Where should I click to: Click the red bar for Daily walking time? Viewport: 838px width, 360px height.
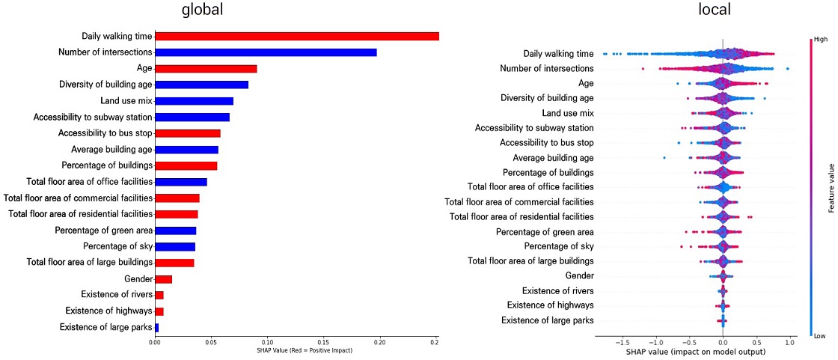click(296, 36)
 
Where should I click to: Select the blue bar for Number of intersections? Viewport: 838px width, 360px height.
click(266, 52)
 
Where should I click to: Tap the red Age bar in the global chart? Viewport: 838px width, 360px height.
click(206, 69)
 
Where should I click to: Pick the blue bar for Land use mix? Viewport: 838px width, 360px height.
click(194, 101)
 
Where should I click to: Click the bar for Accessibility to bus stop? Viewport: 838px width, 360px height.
click(187, 133)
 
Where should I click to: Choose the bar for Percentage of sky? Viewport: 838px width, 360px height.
click(174, 246)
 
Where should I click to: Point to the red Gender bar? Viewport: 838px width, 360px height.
click(163, 279)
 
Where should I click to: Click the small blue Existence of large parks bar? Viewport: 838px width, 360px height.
click(156, 327)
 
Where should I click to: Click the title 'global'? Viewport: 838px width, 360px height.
click(203, 10)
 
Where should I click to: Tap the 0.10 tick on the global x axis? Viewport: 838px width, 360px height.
click(267, 343)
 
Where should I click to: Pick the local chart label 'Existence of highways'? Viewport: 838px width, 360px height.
click(550, 305)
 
